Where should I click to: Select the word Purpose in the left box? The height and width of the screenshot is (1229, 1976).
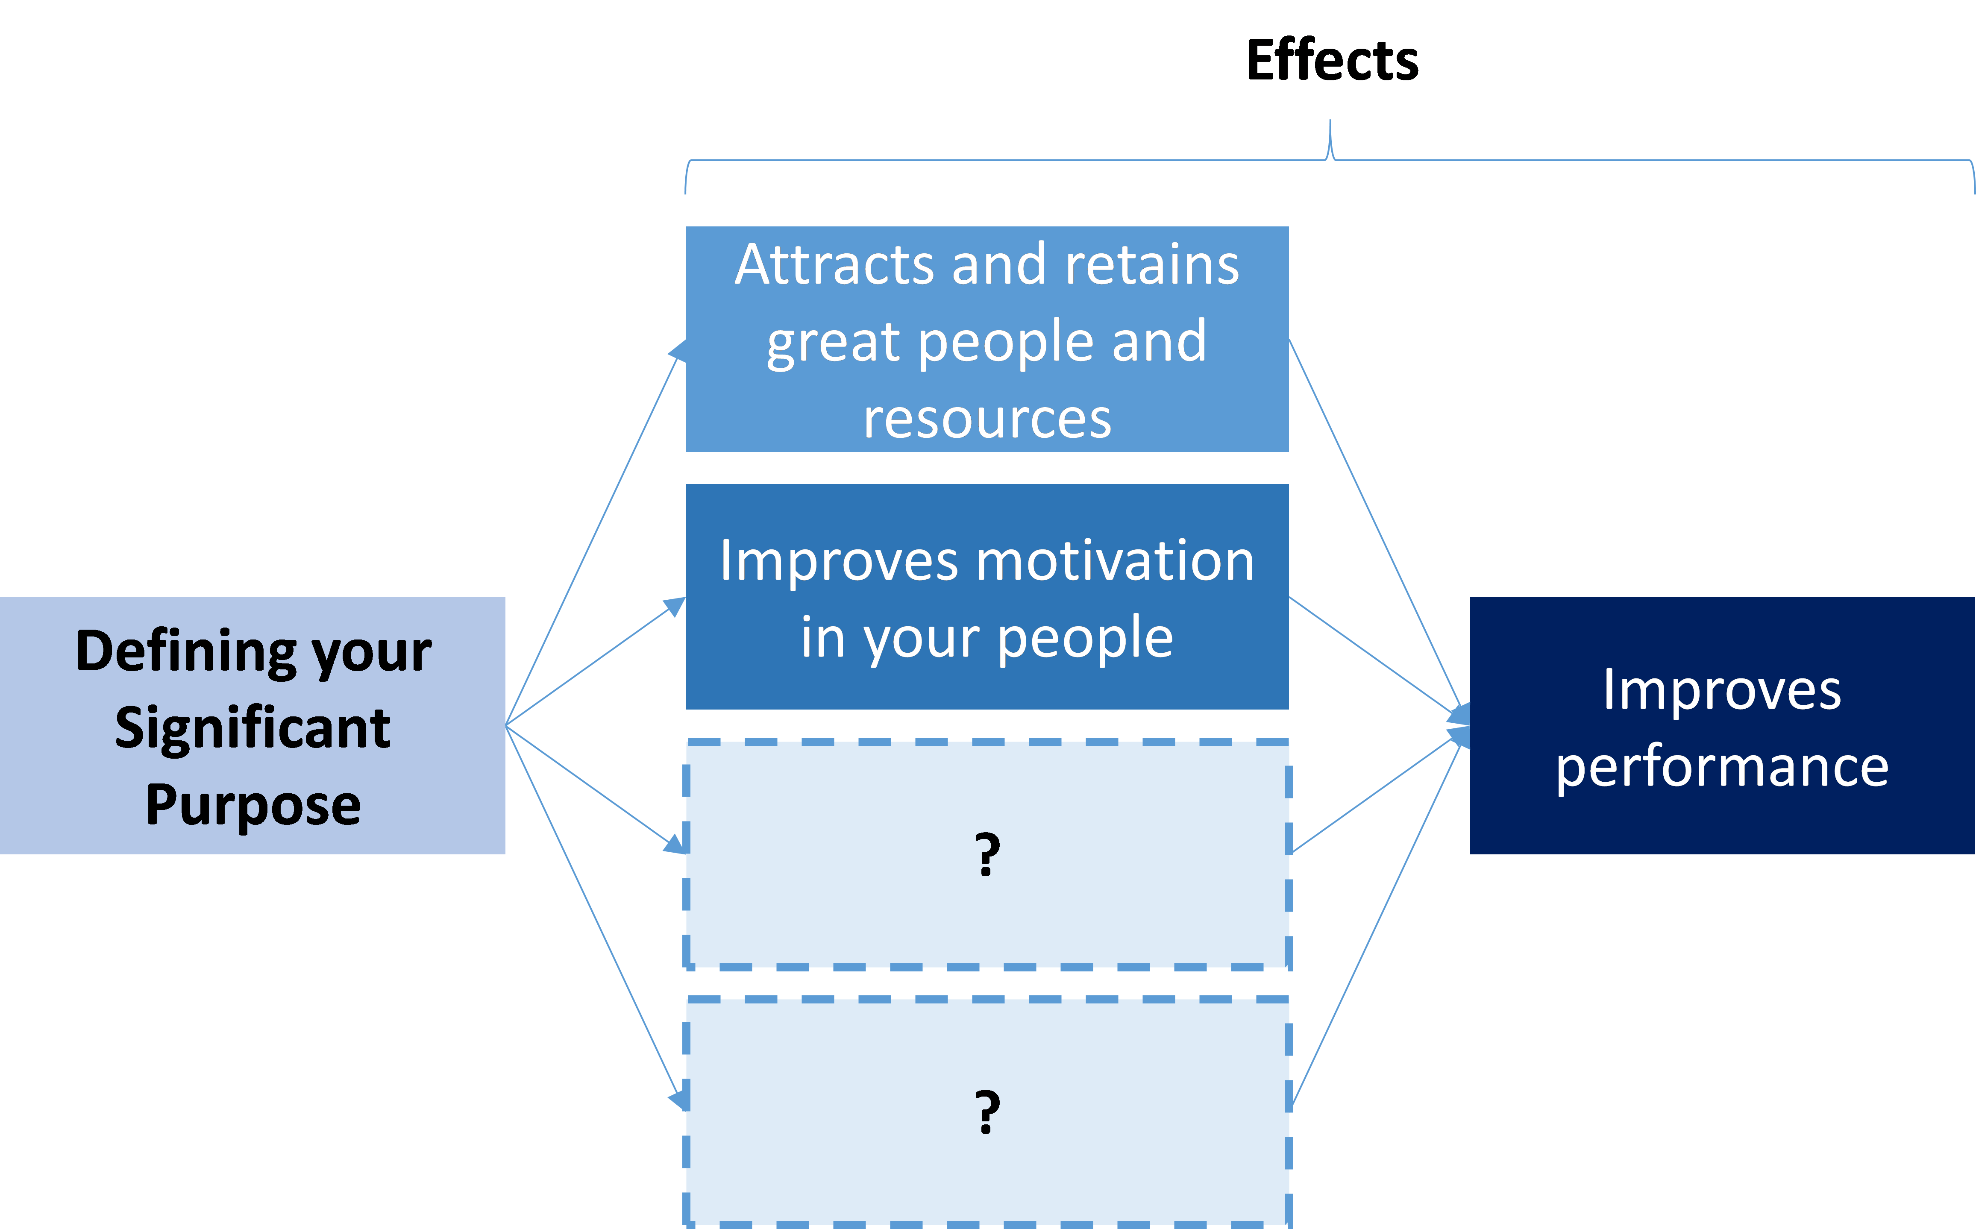(253, 805)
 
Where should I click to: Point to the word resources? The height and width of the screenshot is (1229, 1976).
(987, 419)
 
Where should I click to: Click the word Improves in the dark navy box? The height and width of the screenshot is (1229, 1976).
(1722, 690)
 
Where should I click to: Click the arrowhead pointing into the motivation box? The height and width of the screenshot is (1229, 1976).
(675, 606)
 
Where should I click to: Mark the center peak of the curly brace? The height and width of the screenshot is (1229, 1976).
(1330, 122)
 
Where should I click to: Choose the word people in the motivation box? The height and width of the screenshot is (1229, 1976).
(1085, 638)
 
